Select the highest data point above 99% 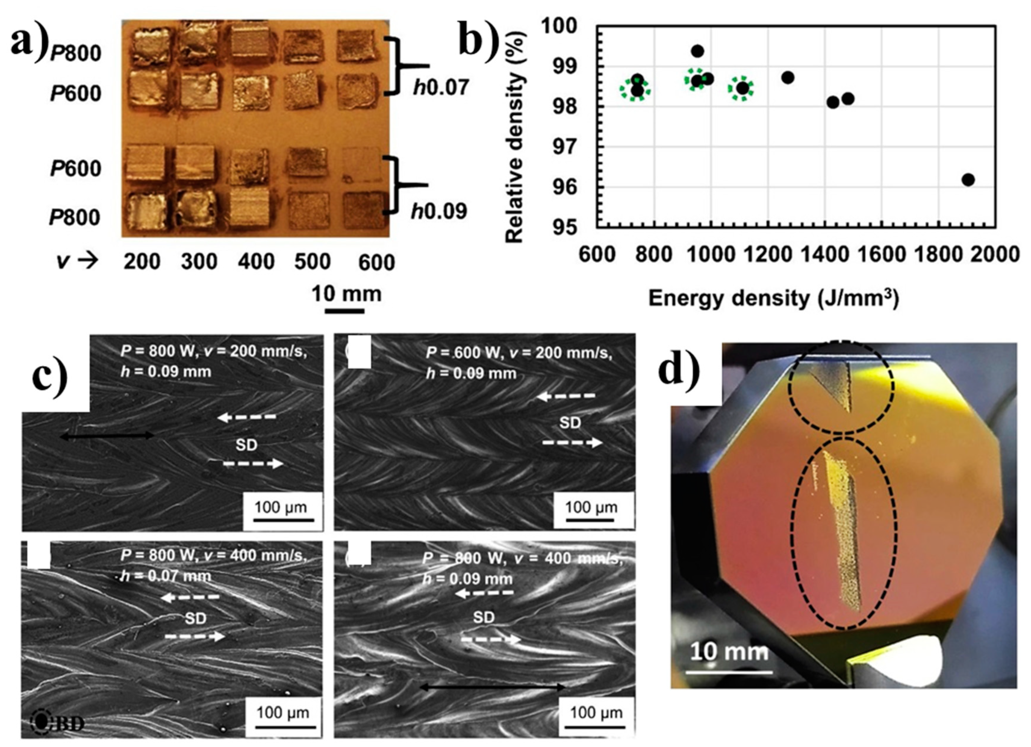pyautogui.click(x=697, y=51)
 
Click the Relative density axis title pyautogui.click(x=515, y=136)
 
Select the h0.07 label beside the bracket pyautogui.click(x=441, y=87)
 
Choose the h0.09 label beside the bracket pyautogui.click(x=439, y=211)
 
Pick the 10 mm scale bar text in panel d pyautogui.click(x=729, y=651)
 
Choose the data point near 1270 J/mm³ pyautogui.click(x=788, y=78)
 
